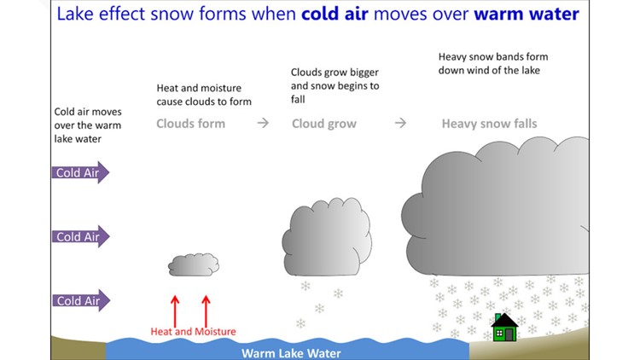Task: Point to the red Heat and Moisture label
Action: (193, 331)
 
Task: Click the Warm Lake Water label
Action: (291, 351)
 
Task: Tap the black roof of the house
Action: (504, 321)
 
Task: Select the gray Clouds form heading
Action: (190, 124)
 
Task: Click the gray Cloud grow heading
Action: (324, 124)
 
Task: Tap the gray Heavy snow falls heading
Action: (489, 124)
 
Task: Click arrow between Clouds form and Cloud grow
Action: (263, 123)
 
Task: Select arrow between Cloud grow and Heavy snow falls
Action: (399, 123)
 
